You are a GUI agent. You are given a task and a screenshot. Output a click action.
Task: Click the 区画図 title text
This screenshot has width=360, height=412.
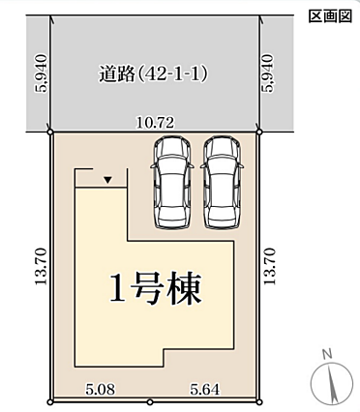click(x=330, y=16)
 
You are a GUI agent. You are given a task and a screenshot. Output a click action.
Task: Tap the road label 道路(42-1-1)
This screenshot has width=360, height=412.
click(x=153, y=74)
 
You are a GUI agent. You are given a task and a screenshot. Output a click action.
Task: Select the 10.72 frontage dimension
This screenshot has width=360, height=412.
click(x=155, y=123)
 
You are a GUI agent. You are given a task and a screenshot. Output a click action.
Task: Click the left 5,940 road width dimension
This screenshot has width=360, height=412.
click(x=42, y=74)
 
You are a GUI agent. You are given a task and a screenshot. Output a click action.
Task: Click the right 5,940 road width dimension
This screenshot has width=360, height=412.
click(x=268, y=74)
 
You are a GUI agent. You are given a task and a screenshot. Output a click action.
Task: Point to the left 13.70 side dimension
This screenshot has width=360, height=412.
click(x=42, y=266)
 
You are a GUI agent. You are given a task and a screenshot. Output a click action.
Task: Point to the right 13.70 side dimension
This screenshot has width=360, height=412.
click(x=270, y=266)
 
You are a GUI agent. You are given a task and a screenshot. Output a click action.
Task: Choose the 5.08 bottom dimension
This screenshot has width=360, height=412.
click(x=100, y=390)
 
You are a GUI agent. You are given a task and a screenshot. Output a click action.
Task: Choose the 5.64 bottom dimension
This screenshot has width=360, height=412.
click(x=204, y=390)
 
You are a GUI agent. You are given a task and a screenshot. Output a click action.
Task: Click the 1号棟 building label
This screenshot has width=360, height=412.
click(x=156, y=288)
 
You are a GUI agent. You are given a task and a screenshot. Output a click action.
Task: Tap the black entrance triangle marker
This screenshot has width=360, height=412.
click(x=108, y=180)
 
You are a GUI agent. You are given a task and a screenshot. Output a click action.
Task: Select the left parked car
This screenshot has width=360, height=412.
click(x=172, y=183)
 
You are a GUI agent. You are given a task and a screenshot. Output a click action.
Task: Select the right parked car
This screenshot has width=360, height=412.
click(x=223, y=183)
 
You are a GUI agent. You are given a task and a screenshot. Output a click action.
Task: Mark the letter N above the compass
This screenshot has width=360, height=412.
click(x=327, y=354)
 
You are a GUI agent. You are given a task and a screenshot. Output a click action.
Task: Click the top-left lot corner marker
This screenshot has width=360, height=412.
click(x=50, y=132)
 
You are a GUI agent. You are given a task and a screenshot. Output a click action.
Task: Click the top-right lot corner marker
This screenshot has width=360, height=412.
click(x=259, y=132)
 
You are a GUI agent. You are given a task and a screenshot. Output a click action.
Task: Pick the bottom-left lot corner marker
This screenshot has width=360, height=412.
click(x=50, y=402)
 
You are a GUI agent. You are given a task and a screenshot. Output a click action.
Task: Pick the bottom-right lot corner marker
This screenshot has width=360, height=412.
click(x=259, y=402)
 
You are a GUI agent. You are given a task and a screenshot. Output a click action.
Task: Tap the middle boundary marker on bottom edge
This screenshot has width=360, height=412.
click(x=150, y=402)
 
